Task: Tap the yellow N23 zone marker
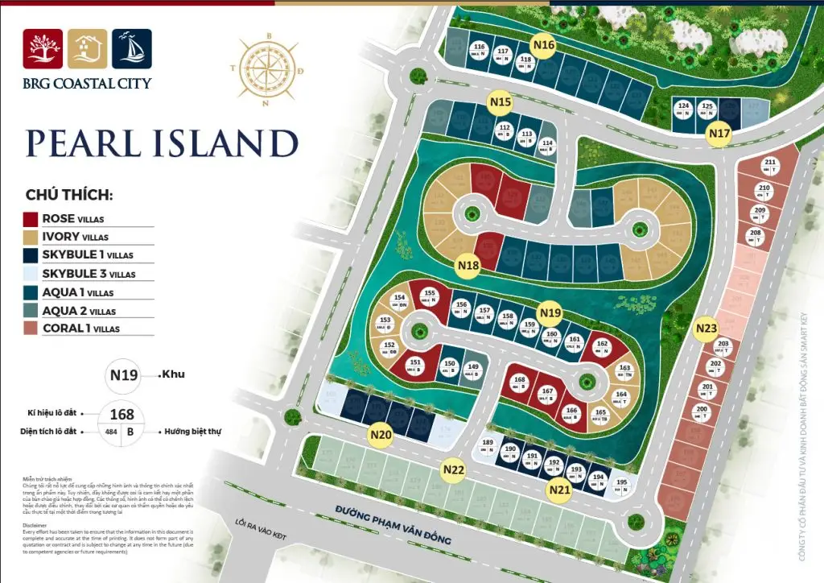tap(706, 329)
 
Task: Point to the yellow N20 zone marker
tap(381, 436)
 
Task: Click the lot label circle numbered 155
tap(430, 296)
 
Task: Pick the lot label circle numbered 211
tap(770, 166)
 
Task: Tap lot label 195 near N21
tap(621, 485)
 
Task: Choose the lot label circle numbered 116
tap(479, 51)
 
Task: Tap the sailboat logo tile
tap(132, 48)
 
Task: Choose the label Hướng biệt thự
tap(193, 432)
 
